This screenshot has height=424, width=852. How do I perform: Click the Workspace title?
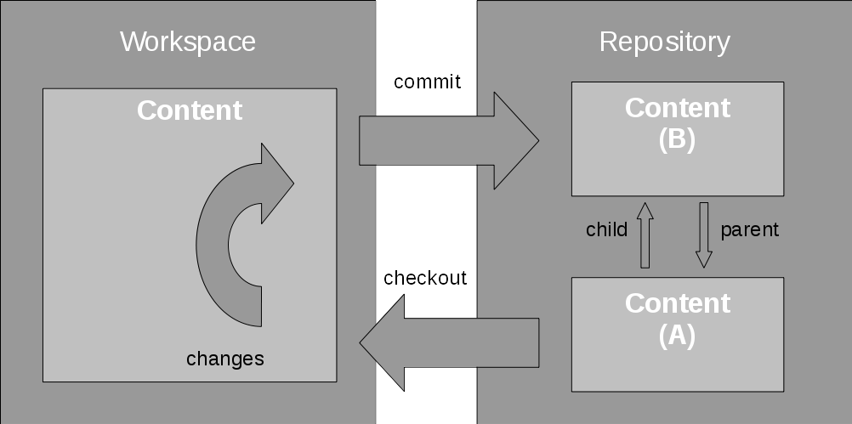pos(188,42)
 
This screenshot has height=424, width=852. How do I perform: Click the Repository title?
pos(664,42)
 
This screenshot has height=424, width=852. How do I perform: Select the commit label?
pos(427,82)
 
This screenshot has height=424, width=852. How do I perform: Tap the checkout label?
pos(425,278)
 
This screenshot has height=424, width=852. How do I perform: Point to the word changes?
pos(225,359)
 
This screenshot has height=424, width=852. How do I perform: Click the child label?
pos(606,229)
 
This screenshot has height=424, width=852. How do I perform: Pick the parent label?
pos(749,229)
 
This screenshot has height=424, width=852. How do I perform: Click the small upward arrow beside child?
pos(645,235)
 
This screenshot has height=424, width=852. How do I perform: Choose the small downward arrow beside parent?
pos(703,235)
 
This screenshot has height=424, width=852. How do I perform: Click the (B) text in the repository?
pos(677,140)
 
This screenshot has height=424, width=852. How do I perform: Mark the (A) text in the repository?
pos(677,336)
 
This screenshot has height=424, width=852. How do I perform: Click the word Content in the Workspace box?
pos(190,110)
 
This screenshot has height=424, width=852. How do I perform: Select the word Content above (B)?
pos(677,108)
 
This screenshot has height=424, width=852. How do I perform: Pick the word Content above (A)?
pos(677,303)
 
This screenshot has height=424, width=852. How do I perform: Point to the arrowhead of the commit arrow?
pos(515,140)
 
